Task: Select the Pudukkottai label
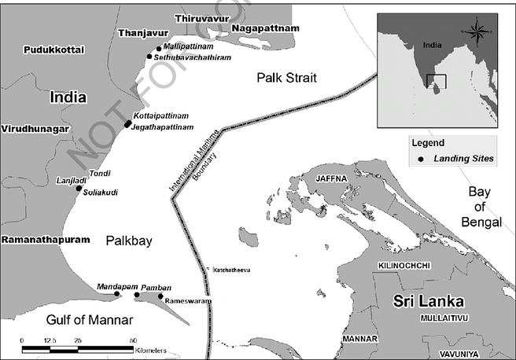[x=54, y=50]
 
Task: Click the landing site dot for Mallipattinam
[x=159, y=48]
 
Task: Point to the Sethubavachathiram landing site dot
[x=149, y=57]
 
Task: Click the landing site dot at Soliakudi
[x=79, y=189]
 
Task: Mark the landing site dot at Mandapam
[x=117, y=295]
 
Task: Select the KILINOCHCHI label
[x=404, y=266]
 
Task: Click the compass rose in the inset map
[x=477, y=32]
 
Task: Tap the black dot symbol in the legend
[x=421, y=159]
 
